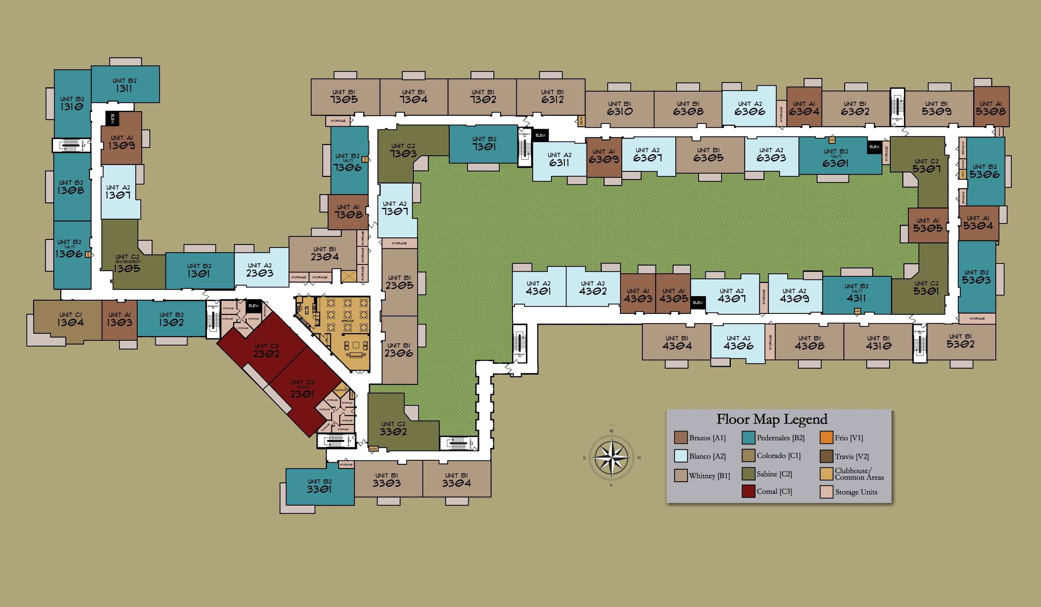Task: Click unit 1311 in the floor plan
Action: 124,85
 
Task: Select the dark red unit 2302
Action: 266,350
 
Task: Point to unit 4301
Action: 538,288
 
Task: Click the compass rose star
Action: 611,457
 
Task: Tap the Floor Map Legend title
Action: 772,419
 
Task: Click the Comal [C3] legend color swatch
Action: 749,491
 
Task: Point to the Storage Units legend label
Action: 856,492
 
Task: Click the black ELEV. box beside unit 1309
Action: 112,119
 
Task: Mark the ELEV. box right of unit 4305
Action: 698,302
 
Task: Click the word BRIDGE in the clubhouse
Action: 347,321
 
